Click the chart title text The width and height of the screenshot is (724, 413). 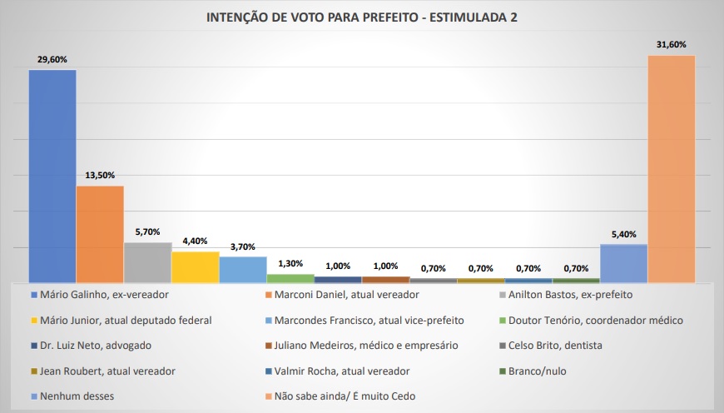(361, 17)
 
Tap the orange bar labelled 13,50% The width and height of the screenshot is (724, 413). (100, 234)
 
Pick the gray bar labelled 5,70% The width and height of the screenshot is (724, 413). (147, 262)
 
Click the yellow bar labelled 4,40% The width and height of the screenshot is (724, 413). (196, 267)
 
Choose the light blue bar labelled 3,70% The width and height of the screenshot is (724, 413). (243, 270)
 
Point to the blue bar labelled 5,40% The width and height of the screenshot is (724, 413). (623, 263)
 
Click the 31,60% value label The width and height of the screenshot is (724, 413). (671, 45)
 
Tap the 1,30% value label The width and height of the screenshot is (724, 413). (290, 264)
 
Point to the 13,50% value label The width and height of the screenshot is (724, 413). (100, 176)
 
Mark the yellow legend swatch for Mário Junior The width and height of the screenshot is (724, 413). (33, 321)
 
